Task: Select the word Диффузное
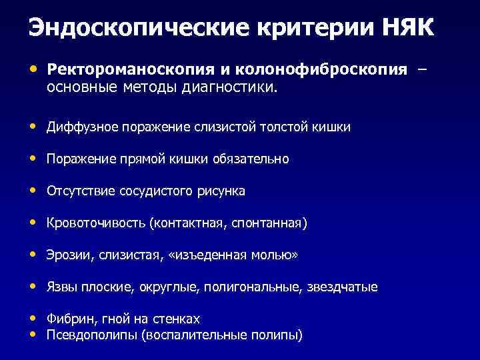point(83,127)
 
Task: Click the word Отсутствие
point(81,191)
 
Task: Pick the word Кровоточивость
point(97,223)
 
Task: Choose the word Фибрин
point(67,319)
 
